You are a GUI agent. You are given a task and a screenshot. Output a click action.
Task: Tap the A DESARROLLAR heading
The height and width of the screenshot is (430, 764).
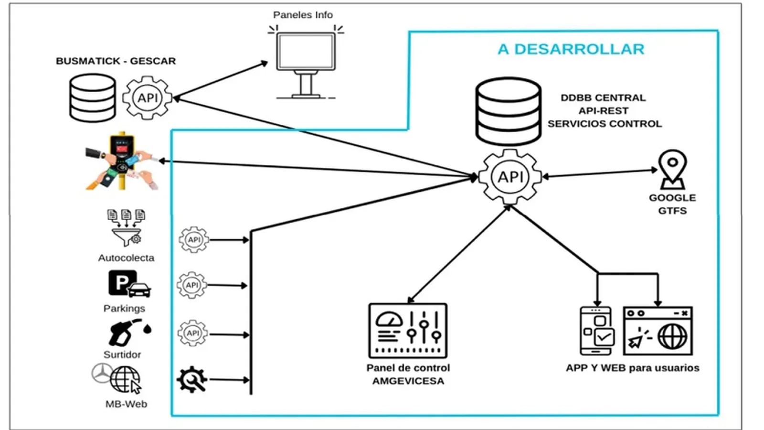(571, 49)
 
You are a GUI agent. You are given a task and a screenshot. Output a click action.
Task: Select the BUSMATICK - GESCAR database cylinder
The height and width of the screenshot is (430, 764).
(92, 98)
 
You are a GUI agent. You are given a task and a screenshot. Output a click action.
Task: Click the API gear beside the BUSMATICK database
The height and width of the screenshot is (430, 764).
(147, 98)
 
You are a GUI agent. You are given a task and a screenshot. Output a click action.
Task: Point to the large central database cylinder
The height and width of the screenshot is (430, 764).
(508, 111)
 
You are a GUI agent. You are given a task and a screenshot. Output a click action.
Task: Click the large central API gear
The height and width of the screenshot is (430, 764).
(510, 177)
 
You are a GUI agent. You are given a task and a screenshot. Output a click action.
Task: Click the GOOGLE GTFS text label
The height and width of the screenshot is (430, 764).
(672, 204)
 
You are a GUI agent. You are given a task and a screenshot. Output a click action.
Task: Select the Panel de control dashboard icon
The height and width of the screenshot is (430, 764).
(408, 331)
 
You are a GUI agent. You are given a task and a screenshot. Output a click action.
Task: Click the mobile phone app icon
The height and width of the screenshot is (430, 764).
(596, 331)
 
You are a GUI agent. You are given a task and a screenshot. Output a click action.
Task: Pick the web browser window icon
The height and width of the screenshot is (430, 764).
(658, 331)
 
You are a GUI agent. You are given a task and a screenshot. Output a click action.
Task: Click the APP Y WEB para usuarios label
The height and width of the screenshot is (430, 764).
(632, 368)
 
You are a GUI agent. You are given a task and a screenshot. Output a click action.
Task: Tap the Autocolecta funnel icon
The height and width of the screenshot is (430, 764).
(126, 228)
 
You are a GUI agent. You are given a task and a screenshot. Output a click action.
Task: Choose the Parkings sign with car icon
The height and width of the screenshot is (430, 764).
(128, 284)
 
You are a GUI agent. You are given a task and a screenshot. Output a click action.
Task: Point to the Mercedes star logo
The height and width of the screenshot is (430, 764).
(102, 373)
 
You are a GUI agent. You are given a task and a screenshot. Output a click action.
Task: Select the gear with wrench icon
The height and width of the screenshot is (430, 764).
(191, 380)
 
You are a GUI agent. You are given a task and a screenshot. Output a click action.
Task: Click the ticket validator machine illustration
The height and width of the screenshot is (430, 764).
(121, 161)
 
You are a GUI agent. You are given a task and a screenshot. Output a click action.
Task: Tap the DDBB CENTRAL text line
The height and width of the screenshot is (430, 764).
(603, 98)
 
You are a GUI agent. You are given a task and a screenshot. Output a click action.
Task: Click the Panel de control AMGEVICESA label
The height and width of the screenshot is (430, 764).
(408, 374)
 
